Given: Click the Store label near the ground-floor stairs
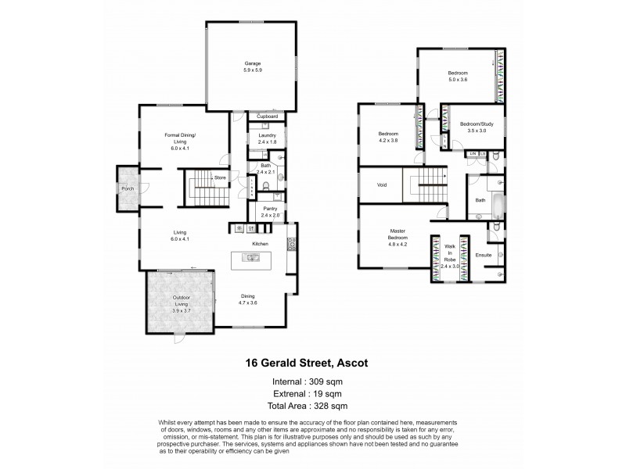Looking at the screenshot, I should [x=221, y=178].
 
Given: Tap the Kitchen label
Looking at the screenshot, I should [x=261, y=244].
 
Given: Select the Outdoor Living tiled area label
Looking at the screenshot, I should [x=179, y=300].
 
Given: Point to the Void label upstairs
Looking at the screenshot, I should [x=382, y=186].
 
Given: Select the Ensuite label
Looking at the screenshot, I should [x=484, y=256].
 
